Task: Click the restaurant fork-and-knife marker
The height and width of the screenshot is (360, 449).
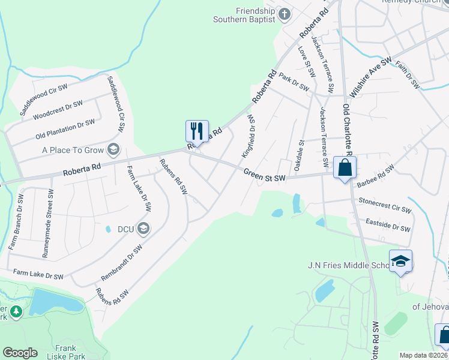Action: click(x=197, y=131)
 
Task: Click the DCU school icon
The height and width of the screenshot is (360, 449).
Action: click(x=143, y=228)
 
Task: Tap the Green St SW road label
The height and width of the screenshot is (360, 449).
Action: click(x=264, y=175)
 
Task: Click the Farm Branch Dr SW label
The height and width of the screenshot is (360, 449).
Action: click(x=16, y=222)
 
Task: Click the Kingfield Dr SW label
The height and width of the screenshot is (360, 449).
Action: click(x=249, y=137)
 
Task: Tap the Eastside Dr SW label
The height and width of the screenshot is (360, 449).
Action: click(x=388, y=226)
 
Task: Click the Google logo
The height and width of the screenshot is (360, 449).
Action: click(x=20, y=352)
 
